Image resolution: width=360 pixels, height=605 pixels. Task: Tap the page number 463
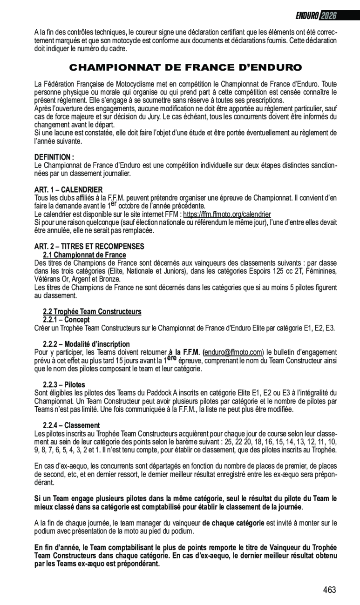point(329,590)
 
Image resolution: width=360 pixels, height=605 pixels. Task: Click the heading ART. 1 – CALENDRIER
point(68,190)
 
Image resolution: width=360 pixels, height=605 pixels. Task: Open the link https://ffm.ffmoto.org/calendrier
point(227,215)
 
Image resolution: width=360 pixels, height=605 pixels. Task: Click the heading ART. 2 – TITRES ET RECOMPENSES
point(89,246)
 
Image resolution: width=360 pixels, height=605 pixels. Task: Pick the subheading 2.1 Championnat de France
point(84,255)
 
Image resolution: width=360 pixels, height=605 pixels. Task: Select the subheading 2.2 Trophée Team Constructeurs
point(92,311)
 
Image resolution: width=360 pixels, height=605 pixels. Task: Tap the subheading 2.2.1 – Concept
point(66,320)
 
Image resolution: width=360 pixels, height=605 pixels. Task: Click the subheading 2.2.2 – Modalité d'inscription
point(86,344)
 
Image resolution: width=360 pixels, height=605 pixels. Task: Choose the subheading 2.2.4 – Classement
point(71,425)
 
